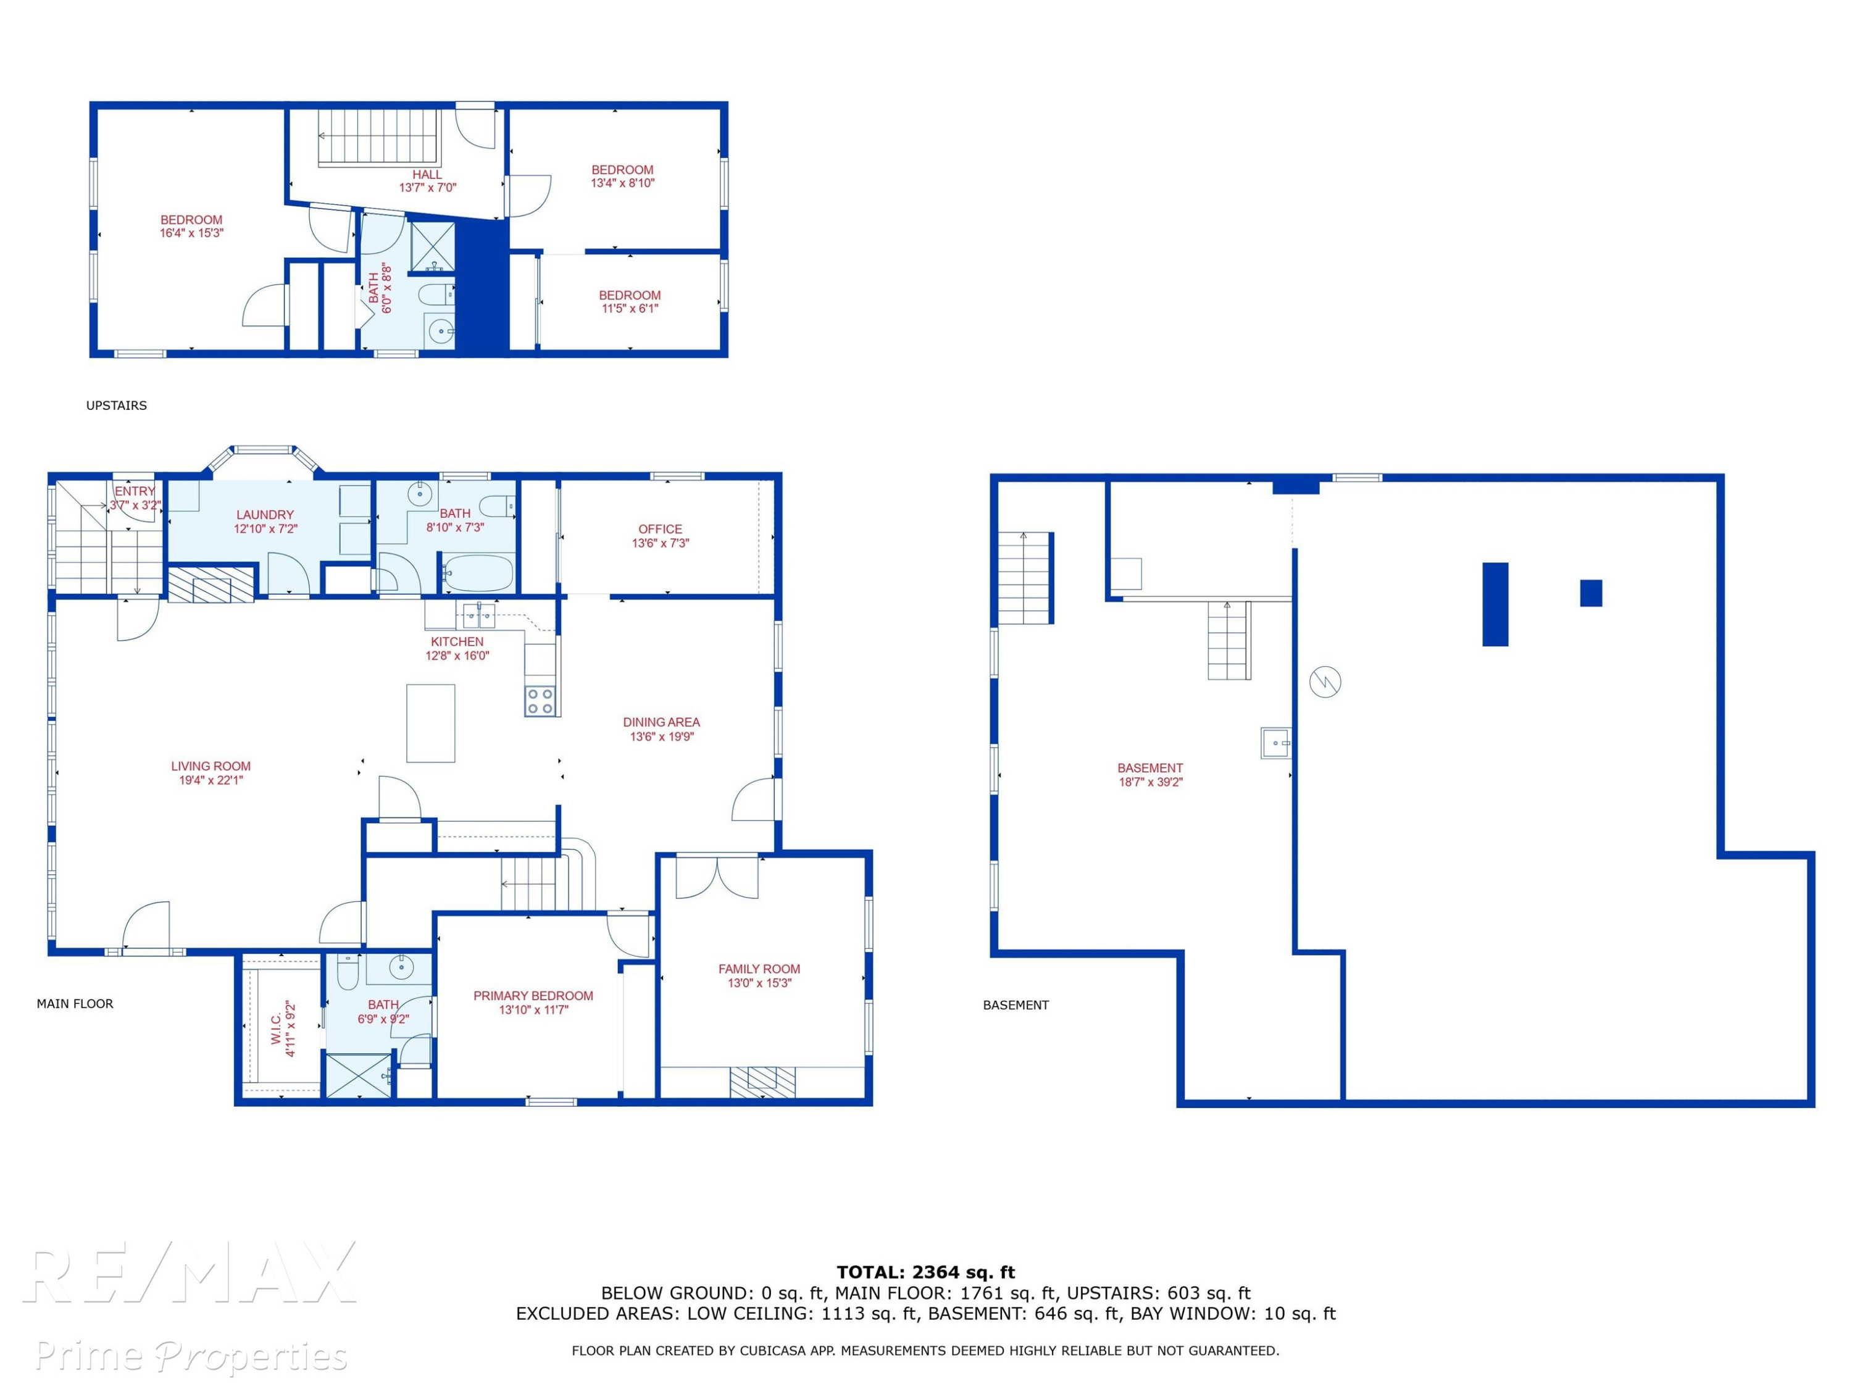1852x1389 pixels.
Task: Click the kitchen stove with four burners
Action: pos(540,701)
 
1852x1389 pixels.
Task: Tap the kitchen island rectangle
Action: pos(430,724)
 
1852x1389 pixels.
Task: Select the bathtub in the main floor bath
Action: pos(477,574)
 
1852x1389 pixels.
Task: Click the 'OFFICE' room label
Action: pos(660,529)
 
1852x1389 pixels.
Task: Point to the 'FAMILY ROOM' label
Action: pos(759,969)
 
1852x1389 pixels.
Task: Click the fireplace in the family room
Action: pos(762,1082)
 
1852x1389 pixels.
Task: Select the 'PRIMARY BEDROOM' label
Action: pos(533,996)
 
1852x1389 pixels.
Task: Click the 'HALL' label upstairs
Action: pos(427,174)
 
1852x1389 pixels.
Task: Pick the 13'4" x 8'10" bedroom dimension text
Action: pos(623,183)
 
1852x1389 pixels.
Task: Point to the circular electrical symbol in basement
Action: pos(1325,682)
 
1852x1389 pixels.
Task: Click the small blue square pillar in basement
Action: pos(1591,593)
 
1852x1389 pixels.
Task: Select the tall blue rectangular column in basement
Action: pos(1495,604)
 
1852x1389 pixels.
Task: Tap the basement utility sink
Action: pos(1276,743)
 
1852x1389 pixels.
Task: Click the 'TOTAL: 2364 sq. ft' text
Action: pos(925,1272)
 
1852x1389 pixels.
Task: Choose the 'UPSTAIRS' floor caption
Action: pos(117,405)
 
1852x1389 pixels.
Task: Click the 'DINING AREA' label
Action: pos(661,722)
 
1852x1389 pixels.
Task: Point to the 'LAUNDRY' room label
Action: pos(265,515)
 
